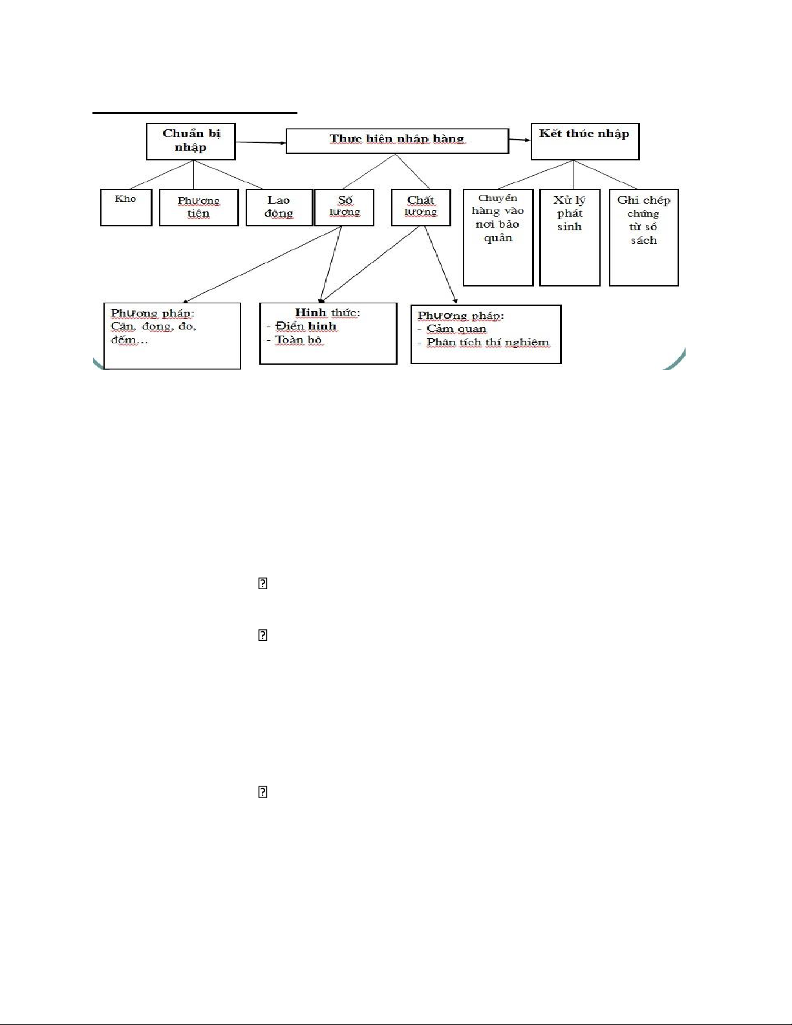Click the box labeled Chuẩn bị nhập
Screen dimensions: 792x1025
191,142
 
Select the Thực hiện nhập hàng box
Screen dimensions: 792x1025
398,140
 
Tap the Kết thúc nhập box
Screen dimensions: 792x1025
585,142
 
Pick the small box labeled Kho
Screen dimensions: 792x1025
126,208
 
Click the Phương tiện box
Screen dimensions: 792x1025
199,208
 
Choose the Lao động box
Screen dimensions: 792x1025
279,208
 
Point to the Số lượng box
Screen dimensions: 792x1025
344,208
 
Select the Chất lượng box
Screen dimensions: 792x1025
421,208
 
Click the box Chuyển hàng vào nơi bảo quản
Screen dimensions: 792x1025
498,238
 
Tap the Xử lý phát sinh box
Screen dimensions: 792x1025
570,238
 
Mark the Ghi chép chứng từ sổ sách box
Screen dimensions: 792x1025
644,238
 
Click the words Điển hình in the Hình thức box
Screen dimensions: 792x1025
306,327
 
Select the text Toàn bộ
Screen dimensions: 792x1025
299,340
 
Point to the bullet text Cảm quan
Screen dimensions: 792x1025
456,329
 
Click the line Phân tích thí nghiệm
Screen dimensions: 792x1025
488,343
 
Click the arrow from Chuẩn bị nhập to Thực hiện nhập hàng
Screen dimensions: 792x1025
261,142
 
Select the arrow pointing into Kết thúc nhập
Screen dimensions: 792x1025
520,140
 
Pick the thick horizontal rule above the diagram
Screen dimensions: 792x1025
195,113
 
